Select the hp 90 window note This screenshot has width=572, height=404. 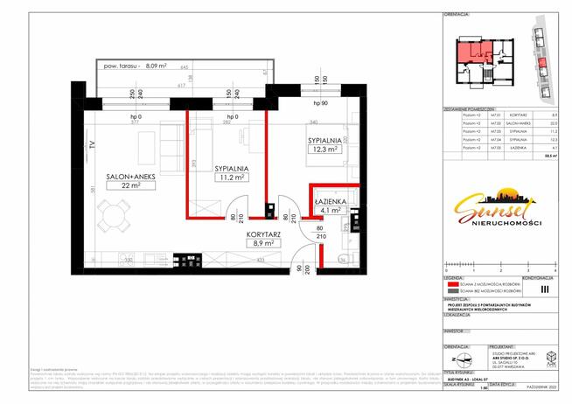pos(320,104)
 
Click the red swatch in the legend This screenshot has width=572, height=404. pos(454,284)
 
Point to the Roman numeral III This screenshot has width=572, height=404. pos(545,288)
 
